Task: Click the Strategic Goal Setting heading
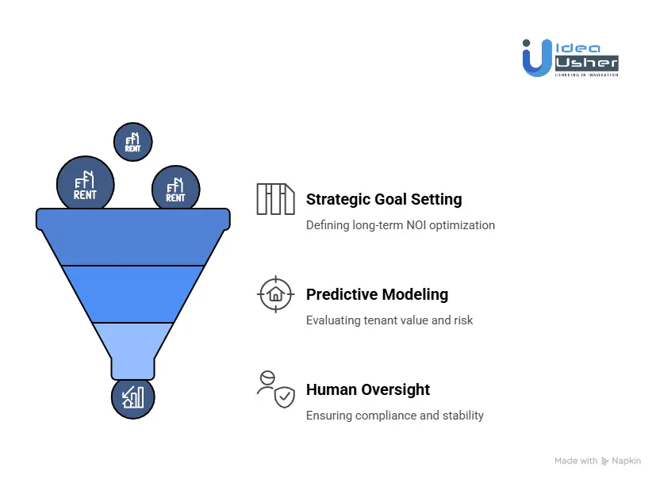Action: tap(384, 199)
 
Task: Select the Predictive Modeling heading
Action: tap(377, 294)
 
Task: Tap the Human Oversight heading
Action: tap(368, 389)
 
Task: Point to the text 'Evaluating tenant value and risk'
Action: tap(389, 320)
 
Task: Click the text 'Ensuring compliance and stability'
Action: tap(395, 416)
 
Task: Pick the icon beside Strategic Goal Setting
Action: tap(275, 199)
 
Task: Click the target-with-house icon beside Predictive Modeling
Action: tap(275, 294)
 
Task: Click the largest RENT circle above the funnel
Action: tap(85, 184)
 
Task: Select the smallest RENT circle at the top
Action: tap(132, 142)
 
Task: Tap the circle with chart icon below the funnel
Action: tap(132, 397)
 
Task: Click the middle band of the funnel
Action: tap(133, 293)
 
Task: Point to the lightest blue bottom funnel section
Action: tap(133, 347)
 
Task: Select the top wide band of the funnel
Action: tap(133, 237)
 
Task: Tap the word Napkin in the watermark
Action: tap(627, 461)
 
